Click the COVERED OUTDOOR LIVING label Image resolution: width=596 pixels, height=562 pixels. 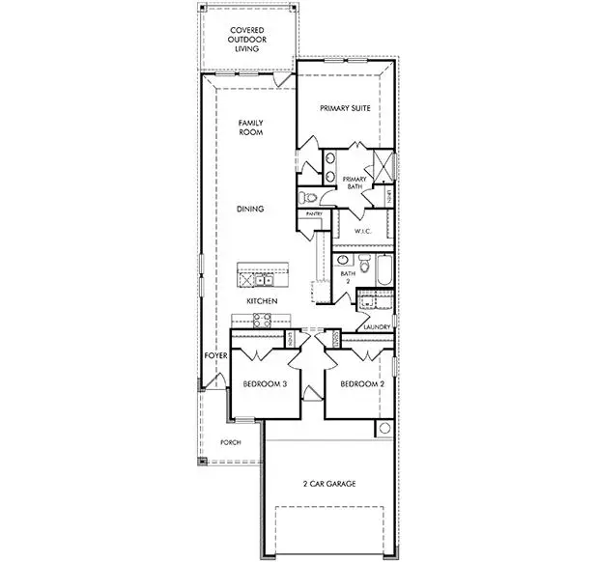(246, 40)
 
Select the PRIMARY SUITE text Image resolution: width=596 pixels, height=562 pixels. (345, 109)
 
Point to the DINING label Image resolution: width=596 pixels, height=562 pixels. (251, 209)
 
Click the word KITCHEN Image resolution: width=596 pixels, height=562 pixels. (262, 302)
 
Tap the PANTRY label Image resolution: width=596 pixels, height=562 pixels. (314, 213)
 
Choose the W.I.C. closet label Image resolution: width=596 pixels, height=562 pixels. (364, 231)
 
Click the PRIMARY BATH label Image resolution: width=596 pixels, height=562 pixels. (356, 183)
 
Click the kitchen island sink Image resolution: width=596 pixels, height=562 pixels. (263, 281)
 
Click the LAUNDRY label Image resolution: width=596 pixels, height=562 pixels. (376, 327)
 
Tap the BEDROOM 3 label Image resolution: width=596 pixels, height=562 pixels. (265, 383)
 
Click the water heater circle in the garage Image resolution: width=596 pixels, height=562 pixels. (383, 428)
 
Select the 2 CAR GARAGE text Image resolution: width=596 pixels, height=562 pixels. (329, 483)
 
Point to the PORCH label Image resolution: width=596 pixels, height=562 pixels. (229, 442)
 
